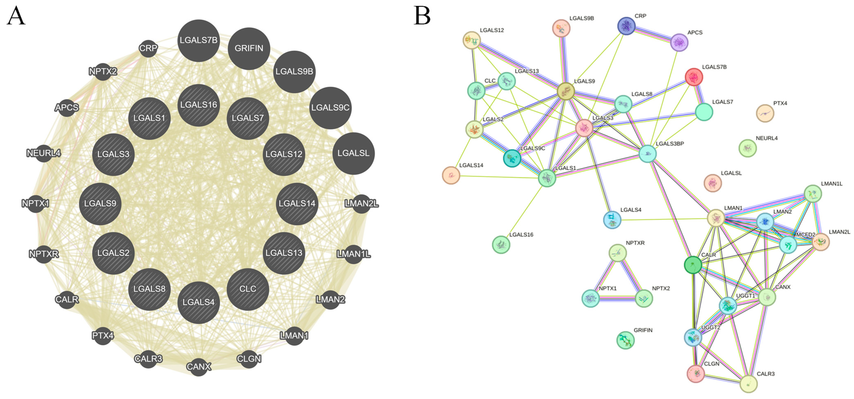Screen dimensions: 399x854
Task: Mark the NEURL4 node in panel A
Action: click(x=43, y=153)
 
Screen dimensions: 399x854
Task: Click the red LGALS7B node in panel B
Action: click(x=694, y=77)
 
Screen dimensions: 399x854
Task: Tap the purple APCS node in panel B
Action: click(x=679, y=42)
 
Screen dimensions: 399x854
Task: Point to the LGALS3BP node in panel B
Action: click(x=647, y=154)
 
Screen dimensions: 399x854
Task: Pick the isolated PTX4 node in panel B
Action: click(x=765, y=113)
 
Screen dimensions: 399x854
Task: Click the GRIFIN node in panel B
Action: click(x=625, y=340)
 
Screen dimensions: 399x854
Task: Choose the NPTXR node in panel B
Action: click(x=618, y=253)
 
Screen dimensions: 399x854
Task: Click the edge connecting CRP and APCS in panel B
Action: click(x=652, y=34)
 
